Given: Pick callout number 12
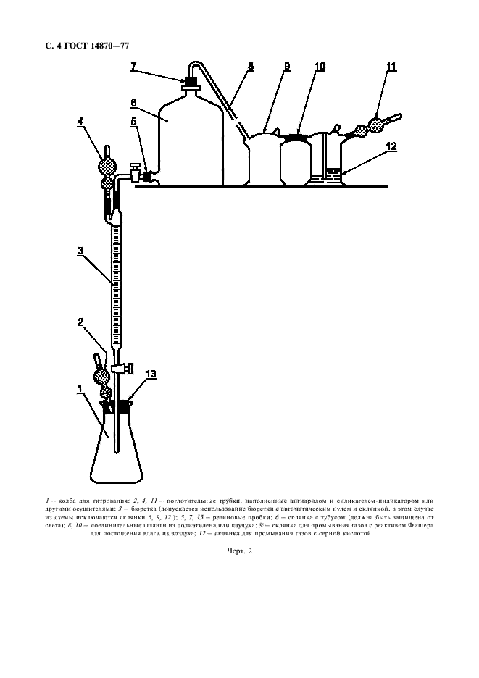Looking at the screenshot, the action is point(391,147).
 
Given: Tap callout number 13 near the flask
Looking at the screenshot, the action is point(151,374).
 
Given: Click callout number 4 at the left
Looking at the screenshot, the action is point(80,122).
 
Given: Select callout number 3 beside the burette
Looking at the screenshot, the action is point(80,251).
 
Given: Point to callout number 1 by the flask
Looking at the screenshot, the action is point(80,390).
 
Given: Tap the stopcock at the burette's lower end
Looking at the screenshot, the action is point(122,369).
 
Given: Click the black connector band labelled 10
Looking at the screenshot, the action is point(297,138).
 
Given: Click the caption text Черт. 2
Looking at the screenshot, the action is point(240,551).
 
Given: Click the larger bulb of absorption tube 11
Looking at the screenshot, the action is point(376,125).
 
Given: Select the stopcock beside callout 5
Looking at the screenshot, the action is point(135,172).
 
